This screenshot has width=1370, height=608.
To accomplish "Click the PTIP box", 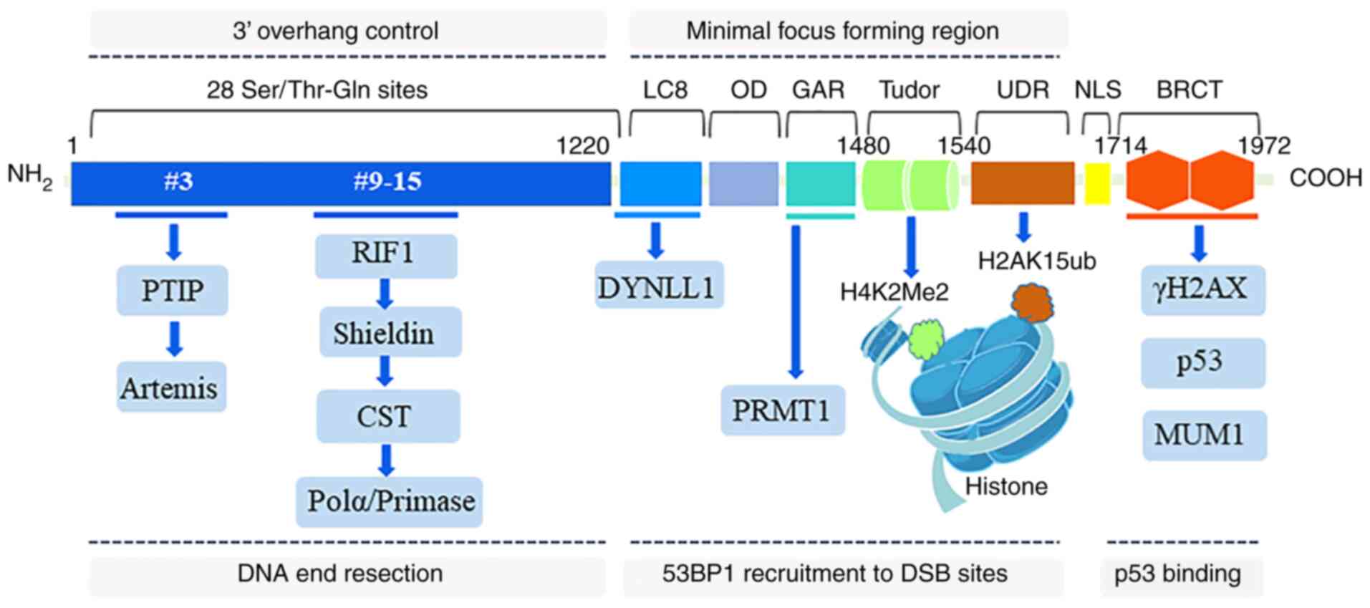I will tap(172, 290).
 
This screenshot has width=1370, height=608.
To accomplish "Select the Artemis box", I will tap(171, 387).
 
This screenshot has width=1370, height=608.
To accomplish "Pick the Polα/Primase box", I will tap(390, 501).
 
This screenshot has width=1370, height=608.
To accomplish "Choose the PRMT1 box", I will tap(783, 410).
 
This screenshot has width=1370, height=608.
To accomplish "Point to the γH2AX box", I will tap(1202, 289).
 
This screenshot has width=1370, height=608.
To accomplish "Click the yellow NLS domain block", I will tap(1096, 183).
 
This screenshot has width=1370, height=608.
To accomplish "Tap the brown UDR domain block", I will tap(1022, 183).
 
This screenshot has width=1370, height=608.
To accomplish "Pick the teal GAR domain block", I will tap(821, 183).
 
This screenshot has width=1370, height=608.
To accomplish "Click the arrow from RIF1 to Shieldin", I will tap(385, 294).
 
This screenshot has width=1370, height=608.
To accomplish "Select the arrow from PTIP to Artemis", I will tap(174, 338).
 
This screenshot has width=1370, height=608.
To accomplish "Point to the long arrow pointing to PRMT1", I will tap(795, 301).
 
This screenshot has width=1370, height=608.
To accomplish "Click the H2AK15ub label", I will tap(1036, 261).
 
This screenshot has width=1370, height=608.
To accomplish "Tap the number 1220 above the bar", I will tap(582, 145).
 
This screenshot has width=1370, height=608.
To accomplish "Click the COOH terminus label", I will tap(1326, 178).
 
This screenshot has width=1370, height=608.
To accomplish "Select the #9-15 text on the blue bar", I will tap(387, 181).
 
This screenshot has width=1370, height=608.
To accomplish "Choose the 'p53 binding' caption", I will tap(1177, 574).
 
